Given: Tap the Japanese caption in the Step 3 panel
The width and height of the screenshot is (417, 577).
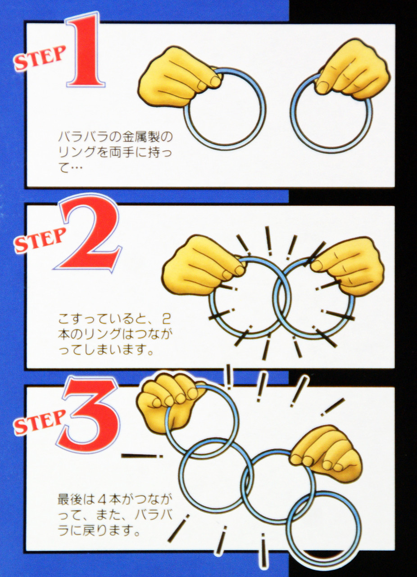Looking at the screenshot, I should [x=115, y=514].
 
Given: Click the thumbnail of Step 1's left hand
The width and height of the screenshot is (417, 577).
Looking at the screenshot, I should [x=215, y=82].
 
